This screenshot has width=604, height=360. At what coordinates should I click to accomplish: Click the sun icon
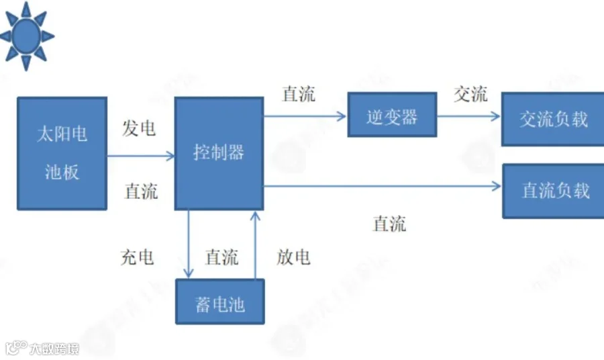pyautogui.click(x=26, y=35)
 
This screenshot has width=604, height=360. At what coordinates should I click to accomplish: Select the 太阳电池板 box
pyautogui.click(x=62, y=153)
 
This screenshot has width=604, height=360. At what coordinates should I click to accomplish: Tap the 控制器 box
pyautogui.click(x=219, y=153)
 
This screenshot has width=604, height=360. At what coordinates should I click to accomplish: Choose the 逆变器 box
pyautogui.click(x=392, y=116)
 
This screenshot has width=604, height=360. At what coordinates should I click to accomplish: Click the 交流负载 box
pyautogui.click(x=553, y=120)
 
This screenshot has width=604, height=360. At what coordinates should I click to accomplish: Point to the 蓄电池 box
pyautogui.click(x=219, y=304)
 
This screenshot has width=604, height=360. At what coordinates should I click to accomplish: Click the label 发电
pyautogui.click(x=140, y=128)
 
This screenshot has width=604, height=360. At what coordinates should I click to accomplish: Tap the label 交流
pyautogui.click(x=470, y=94)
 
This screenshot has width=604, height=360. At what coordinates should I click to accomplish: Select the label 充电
pyautogui.click(x=138, y=257)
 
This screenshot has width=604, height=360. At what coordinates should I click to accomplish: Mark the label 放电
pyautogui.click(x=293, y=257)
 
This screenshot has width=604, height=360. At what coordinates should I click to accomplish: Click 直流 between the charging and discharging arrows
pyautogui.click(x=221, y=257)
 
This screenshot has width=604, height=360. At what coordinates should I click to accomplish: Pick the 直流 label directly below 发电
pyautogui.click(x=141, y=191)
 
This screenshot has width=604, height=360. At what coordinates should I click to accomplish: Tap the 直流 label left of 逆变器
pyautogui.click(x=299, y=94)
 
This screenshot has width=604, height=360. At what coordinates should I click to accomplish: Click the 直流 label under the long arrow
pyautogui.click(x=389, y=224)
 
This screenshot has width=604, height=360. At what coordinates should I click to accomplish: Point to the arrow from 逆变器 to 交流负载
pyautogui.click(x=469, y=116)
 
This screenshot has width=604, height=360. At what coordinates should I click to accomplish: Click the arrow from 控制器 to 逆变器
pyautogui.click(x=305, y=116)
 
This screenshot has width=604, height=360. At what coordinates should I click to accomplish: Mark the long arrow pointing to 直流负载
pyautogui.click(x=383, y=185)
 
